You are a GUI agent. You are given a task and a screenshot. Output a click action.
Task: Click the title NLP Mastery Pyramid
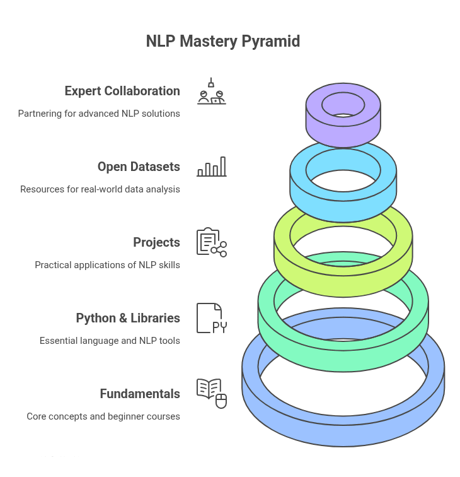tap(223, 42)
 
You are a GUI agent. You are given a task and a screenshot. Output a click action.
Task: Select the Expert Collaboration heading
tap(122, 91)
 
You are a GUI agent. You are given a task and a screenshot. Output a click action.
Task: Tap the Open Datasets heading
tap(139, 167)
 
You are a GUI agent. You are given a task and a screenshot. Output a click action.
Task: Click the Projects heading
tap(156, 242)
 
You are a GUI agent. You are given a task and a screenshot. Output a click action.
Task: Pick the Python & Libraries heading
tap(128, 318)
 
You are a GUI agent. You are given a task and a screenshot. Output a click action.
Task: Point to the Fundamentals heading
tap(140, 394)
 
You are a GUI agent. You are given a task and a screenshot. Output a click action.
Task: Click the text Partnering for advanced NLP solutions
tap(99, 114)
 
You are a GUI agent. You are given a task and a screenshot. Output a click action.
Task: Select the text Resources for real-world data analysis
tap(100, 189)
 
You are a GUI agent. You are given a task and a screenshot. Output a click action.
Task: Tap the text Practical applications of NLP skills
tap(107, 265)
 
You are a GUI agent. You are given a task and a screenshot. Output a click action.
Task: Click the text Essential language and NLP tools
tap(110, 341)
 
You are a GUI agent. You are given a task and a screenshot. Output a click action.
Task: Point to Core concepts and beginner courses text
tap(103, 416)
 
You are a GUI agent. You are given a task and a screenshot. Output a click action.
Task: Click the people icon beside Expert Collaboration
tap(211, 91)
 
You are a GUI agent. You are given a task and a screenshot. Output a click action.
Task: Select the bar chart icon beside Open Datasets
tap(211, 167)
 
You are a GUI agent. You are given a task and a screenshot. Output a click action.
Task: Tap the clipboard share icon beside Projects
tap(211, 242)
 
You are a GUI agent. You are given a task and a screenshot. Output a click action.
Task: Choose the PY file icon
tap(211, 318)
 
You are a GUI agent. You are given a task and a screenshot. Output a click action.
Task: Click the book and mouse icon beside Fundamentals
tap(211, 393)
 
